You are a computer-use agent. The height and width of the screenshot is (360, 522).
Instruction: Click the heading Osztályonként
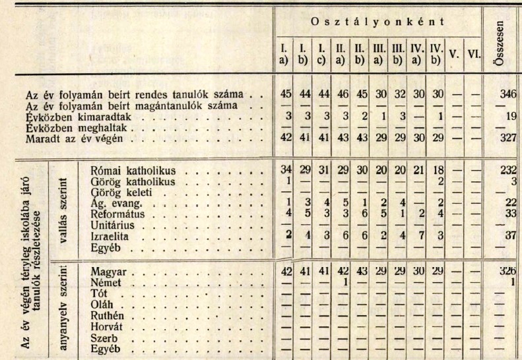click(x=376, y=22)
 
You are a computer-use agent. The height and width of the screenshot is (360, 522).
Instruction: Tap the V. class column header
click(x=453, y=53)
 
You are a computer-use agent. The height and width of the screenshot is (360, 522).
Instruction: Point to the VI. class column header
click(x=472, y=53)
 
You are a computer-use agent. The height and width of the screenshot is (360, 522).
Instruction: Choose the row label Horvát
click(x=106, y=326)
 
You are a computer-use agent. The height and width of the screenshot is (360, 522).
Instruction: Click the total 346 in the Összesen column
click(x=508, y=94)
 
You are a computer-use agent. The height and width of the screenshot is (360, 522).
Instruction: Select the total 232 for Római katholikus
click(x=508, y=169)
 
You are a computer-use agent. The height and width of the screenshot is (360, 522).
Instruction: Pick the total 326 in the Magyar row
click(x=509, y=271)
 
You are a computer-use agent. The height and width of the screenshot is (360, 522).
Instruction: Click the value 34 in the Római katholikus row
click(x=286, y=169)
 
